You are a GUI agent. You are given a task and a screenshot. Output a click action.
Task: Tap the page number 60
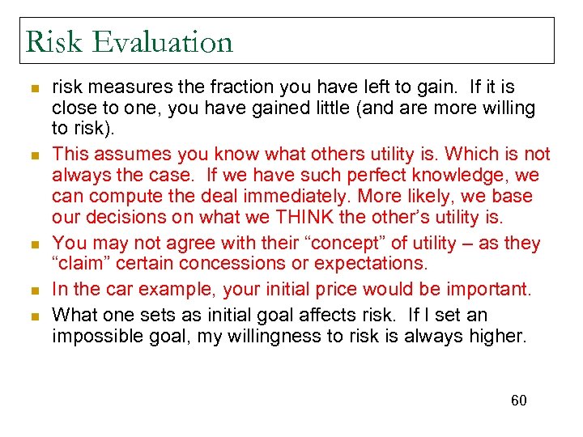click(518, 400)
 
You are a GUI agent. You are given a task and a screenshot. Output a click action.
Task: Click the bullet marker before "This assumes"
click(34, 155)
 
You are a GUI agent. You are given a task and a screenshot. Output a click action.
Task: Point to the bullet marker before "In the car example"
click(34, 288)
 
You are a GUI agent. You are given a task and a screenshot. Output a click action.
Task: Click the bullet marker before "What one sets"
click(34, 316)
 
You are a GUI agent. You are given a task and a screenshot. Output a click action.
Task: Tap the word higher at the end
click(498, 335)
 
